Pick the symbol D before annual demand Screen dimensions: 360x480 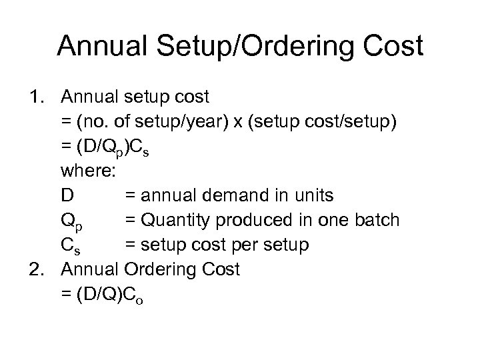tap(67, 195)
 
